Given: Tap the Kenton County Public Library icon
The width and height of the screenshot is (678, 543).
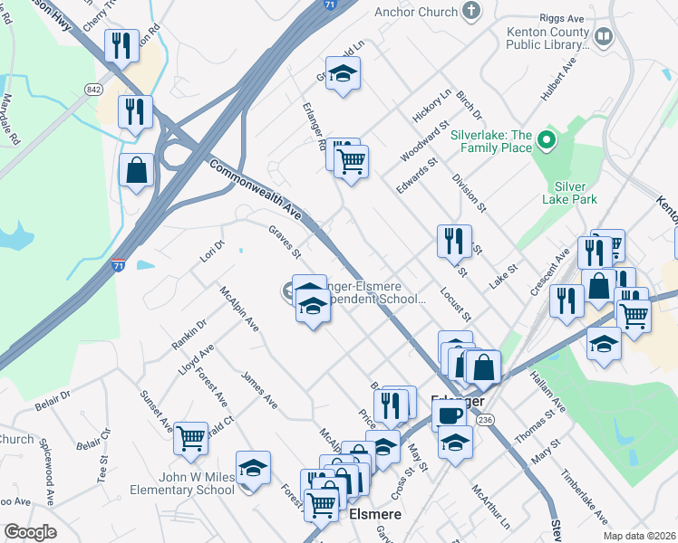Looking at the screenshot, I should pos(604,37).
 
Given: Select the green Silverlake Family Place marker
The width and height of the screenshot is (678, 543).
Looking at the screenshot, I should pos(545,140).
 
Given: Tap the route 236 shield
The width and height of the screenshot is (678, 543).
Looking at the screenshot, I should pos(485,419).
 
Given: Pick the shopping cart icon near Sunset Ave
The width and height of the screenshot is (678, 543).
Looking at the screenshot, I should pos(191,438).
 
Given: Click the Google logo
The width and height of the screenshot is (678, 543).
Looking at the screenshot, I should pos(29,532).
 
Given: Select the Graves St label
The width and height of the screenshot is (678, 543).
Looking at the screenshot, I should pos(284,240).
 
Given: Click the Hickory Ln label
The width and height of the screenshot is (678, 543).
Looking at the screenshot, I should pos(432,106).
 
